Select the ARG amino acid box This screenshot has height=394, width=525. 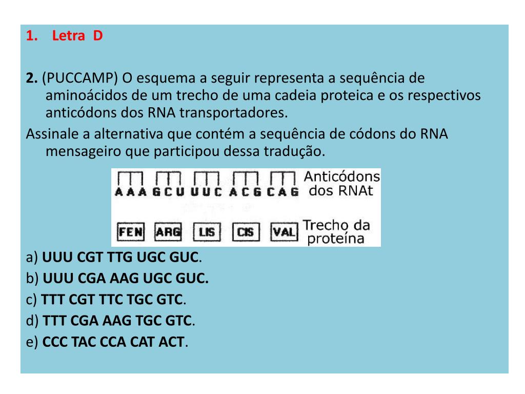tap(169, 232)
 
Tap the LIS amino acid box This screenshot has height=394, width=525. tap(207, 232)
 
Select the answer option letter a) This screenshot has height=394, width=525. tap(32, 257)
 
